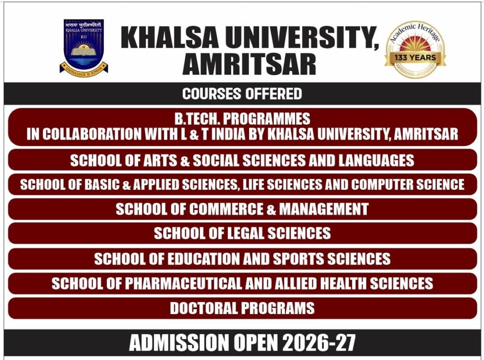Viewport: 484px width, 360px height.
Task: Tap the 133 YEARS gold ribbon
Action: pyautogui.click(x=415, y=58)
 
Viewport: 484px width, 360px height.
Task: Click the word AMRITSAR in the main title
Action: pyautogui.click(x=250, y=64)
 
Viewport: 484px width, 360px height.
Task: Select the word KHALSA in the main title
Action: pyautogui.click(x=169, y=38)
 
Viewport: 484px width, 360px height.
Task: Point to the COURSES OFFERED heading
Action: pyautogui.click(x=242, y=94)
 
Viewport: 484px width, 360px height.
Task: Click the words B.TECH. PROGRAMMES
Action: pyautogui.click(x=242, y=119)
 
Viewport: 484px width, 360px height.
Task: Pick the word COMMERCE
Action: pyautogui.click(x=226, y=209)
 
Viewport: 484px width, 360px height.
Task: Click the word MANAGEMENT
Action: pyautogui.click(x=324, y=209)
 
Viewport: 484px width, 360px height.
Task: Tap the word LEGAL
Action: pyautogui.click(x=246, y=233)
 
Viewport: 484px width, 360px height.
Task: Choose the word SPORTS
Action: pyautogui.click(x=299, y=258)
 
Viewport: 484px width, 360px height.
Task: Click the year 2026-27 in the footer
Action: pyautogui.click(x=319, y=343)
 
